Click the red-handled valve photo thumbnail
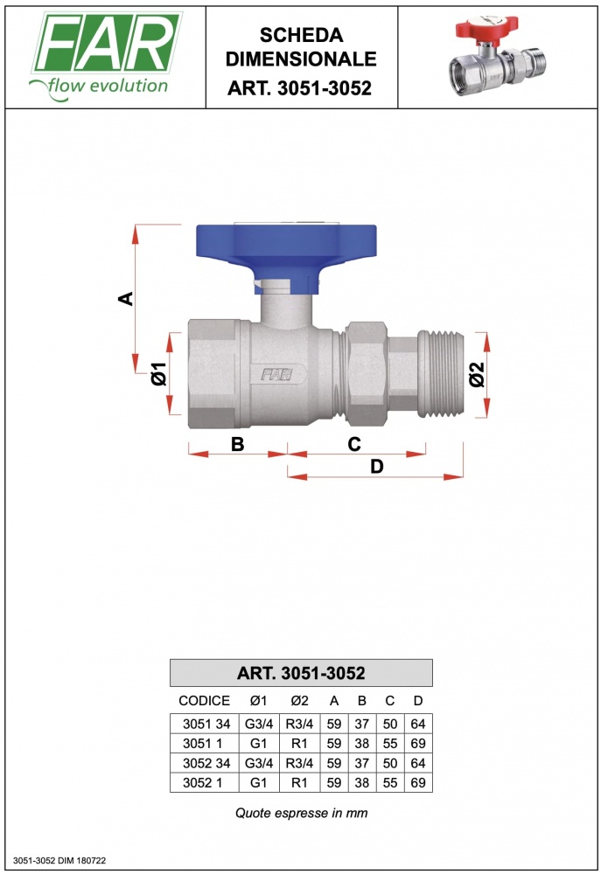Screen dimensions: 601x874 click(498, 56)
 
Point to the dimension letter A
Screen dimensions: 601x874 click(127, 299)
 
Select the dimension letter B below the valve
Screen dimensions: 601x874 click(238, 444)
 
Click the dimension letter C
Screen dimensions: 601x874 click(354, 444)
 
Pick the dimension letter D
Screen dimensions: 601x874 click(377, 466)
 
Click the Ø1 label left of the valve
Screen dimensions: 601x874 click(159, 373)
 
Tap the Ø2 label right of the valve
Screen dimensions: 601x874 click(477, 374)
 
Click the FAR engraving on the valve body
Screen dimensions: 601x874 click(276, 374)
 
